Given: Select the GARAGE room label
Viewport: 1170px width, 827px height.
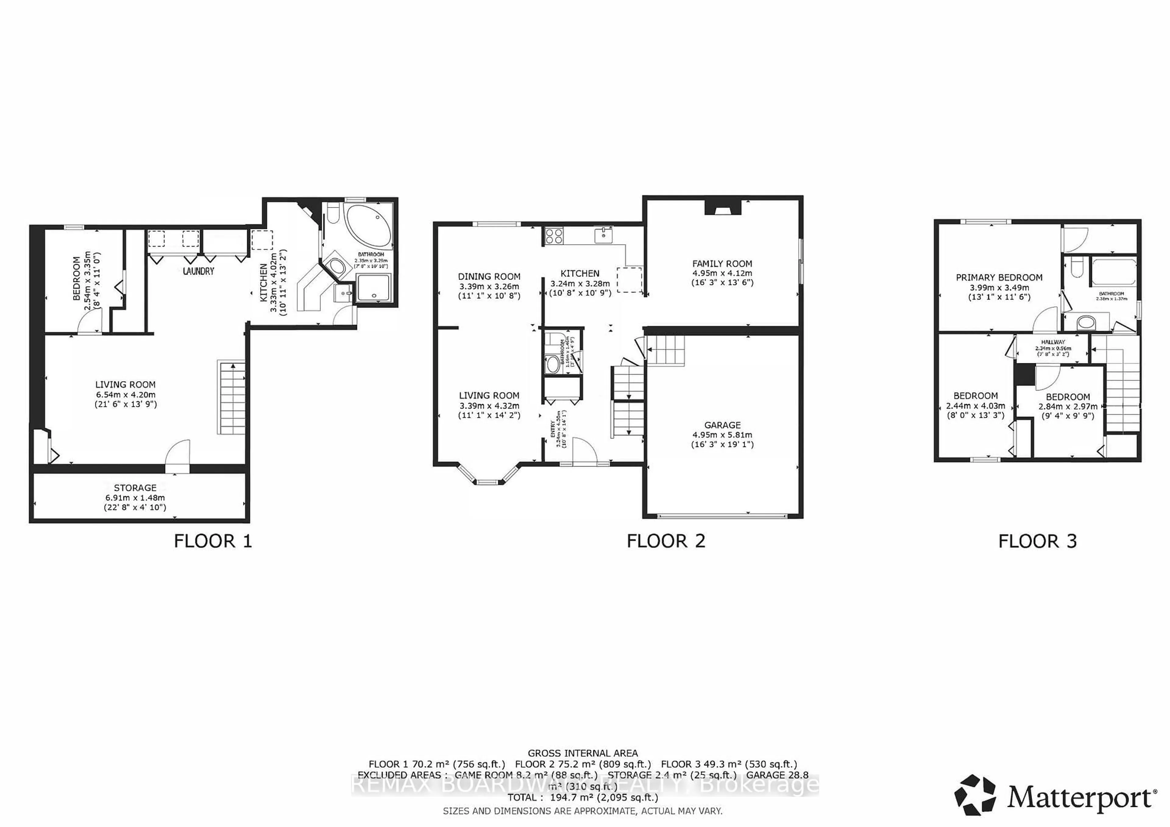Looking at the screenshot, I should pyautogui.click(x=722, y=425).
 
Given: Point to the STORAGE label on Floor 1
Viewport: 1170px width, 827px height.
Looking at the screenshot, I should pyautogui.click(x=135, y=487).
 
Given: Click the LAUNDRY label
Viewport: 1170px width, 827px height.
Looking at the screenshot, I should pyautogui.click(x=198, y=271).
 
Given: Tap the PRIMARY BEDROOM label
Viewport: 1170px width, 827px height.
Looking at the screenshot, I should pyautogui.click(x=999, y=277).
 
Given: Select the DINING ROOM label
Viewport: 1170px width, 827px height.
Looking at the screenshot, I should pyautogui.click(x=489, y=276).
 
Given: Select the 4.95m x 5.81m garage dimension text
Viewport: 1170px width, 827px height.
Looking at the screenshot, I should pyautogui.click(x=722, y=435).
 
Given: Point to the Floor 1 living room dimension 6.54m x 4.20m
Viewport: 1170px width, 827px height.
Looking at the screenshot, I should pyautogui.click(x=125, y=395).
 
